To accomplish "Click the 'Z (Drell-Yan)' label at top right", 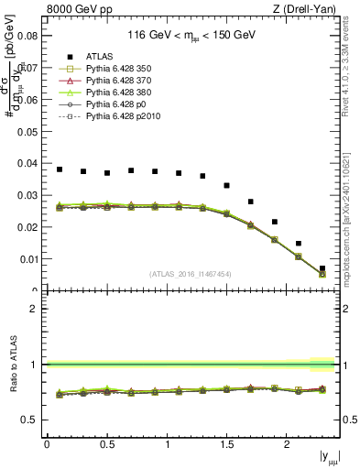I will click(x=309, y=10).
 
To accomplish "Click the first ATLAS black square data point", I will click(x=60, y=169).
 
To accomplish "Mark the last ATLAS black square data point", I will click(x=322, y=268).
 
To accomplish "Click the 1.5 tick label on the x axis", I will click(x=226, y=444).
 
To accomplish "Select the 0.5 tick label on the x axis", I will click(x=107, y=444).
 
